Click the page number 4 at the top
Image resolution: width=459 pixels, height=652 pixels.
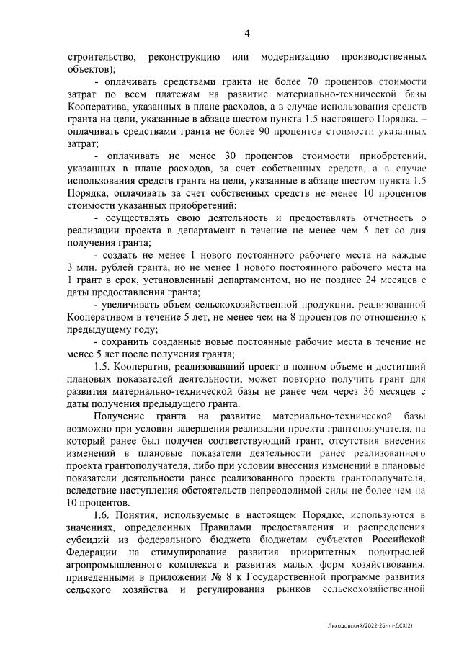(246, 33)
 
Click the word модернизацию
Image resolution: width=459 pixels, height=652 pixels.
(295, 56)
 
